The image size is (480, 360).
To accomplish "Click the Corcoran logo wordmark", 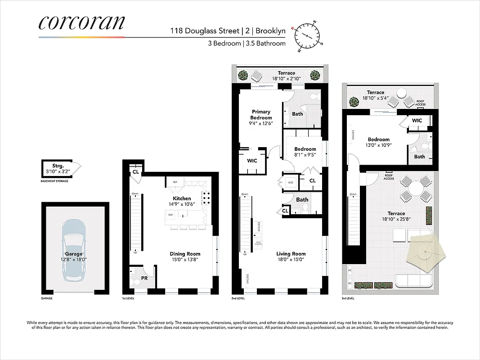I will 81,22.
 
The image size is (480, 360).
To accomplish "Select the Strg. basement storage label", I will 56,166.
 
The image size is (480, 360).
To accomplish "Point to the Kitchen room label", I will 182,198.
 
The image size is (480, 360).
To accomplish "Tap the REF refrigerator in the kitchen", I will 175,182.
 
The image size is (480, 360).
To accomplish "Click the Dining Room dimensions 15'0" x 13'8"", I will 185,260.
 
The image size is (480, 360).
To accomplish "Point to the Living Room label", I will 291,254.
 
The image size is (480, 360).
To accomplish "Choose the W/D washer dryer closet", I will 290,183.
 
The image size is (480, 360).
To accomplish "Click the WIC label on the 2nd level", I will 252,161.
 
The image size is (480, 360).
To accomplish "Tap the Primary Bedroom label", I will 261,114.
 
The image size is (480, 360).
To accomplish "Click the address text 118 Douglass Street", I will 199,31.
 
